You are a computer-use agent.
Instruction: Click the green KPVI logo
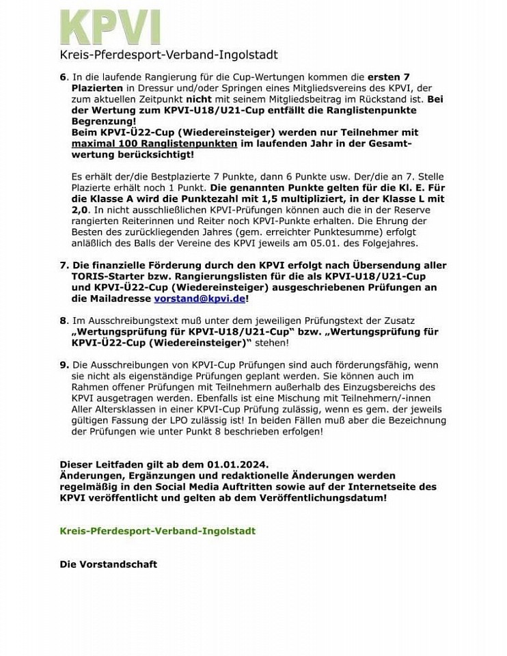pyautogui.click(x=110, y=28)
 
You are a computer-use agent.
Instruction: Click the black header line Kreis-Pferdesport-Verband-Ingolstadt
pyautogui.click(x=169, y=55)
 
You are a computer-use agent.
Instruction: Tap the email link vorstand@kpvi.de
pyautogui.click(x=200, y=299)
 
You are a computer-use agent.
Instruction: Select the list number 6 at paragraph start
pyautogui.click(x=63, y=77)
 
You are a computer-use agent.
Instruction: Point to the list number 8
pyautogui.click(x=63, y=320)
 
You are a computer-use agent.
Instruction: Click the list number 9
pyautogui.click(x=63, y=366)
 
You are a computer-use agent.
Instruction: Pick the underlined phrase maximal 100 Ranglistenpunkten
pyautogui.click(x=154, y=143)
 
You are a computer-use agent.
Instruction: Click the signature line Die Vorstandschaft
pyautogui.click(x=109, y=564)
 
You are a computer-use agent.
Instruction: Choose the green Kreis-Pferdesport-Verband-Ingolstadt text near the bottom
pyautogui.click(x=158, y=531)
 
